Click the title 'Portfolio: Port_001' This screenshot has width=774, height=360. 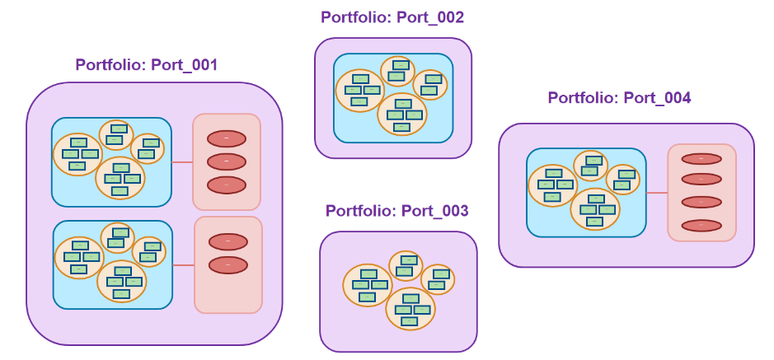pyautogui.click(x=147, y=65)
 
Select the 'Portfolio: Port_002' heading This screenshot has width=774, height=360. pyautogui.click(x=392, y=17)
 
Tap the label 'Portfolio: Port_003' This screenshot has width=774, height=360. pyautogui.click(x=397, y=211)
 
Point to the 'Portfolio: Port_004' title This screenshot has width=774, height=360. pyautogui.click(x=619, y=98)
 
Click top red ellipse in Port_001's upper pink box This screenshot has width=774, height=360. pyautogui.click(x=227, y=138)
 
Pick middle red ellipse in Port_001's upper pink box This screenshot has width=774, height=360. pyautogui.click(x=227, y=161)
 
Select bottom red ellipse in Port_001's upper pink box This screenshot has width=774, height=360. pyautogui.click(x=227, y=185)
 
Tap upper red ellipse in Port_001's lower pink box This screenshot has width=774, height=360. pyautogui.click(x=228, y=241)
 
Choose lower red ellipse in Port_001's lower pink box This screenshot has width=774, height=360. pyautogui.click(x=228, y=265)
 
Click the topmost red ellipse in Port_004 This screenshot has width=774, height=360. pyautogui.click(x=701, y=158)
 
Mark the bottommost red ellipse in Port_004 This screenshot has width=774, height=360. pyautogui.click(x=701, y=225)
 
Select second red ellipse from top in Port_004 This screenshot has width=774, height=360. pyautogui.click(x=701, y=179)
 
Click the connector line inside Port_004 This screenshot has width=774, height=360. pyautogui.click(x=656, y=193)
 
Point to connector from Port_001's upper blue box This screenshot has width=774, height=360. pyautogui.click(x=181, y=162)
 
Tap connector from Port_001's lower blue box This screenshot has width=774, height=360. pyautogui.click(x=183, y=265)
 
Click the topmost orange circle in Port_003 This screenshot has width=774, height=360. pyautogui.click(x=406, y=265)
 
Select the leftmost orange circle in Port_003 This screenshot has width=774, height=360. pyautogui.click(x=367, y=285)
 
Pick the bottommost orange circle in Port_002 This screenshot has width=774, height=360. pyautogui.click(x=402, y=115)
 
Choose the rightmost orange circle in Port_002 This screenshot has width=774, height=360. pyautogui.click(x=429, y=83)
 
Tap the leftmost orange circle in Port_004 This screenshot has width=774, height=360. pyautogui.click(x=551, y=185)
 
